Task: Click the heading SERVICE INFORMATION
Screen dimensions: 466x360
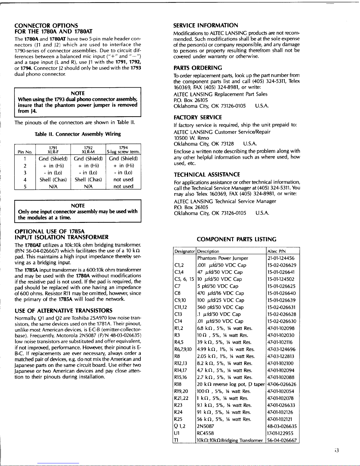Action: pyautogui.click(x=206, y=25)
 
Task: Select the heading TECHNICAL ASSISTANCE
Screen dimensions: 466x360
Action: pyautogui.click(x=207, y=175)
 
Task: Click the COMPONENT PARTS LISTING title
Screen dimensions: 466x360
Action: pyautogui.click(x=237, y=239)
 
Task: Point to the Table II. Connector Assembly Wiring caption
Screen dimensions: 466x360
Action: pyautogui.click(x=78, y=134)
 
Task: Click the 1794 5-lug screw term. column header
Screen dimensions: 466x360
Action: pyautogui.click(x=123, y=150)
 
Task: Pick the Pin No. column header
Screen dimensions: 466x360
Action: pyautogui.click(x=25, y=152)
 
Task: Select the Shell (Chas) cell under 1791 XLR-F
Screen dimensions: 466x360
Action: pyautogui.click(x=53, y=180)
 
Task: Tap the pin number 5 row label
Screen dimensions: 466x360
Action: pyautogui.click(x=25, y=187)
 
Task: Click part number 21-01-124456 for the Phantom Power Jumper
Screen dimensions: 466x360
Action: pyautogui.click(x=281, y=258)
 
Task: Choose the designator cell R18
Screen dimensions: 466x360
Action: pyautogui.click(x=178, y=384)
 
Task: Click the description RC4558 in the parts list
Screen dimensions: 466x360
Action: pyautogui.click(x=205, y=433)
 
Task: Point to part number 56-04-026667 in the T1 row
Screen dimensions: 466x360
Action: pyautogui.click(x=282, y=440)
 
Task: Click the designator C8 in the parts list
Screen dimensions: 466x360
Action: pyautogui.click(x=177, y=293)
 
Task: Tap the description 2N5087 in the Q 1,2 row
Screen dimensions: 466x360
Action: pyautogui.click(x=206, y=426)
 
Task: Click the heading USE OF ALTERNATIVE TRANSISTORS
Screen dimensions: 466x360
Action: pyautogui.click(x=63, y=311)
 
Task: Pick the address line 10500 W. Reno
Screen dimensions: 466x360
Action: pyautogui.click(x=191, y=138)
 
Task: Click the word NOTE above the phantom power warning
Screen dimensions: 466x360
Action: pyautogui.click(x=78, y=93)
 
